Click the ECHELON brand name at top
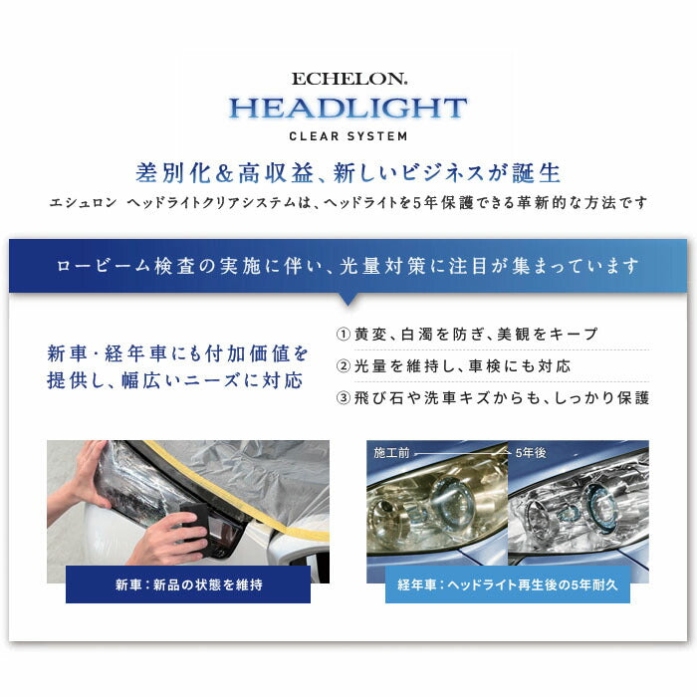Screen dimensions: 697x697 (348, 78)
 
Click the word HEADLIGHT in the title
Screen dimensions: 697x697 (348, 108)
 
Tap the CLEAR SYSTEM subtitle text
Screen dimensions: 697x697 (348, 136)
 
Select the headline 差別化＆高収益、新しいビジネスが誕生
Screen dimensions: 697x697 (348, 172)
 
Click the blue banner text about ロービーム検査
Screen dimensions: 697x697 (348, 266)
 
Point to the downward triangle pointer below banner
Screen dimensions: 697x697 (348, 298)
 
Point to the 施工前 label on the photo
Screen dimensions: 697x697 (391, 452)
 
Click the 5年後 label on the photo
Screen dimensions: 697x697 (531, 452)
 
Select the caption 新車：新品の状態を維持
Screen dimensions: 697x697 (188, 584)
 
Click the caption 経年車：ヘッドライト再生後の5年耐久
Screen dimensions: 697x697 (508, 584)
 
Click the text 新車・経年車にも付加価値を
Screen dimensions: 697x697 (178, 352)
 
